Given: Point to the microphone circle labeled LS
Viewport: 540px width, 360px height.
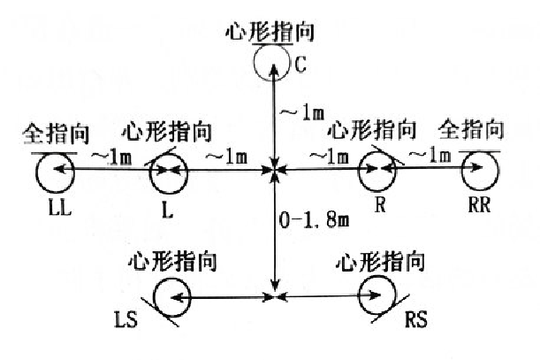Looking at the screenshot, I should click(173, 298).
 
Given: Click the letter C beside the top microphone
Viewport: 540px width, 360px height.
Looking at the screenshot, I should click(300, 64).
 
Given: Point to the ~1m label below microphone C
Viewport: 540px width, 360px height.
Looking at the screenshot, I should click(300, 113).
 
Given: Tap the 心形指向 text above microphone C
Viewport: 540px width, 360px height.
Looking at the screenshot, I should click(272, 32).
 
